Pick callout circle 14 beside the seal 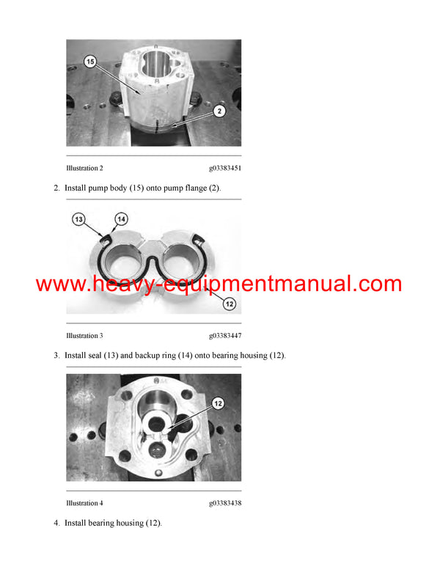pyautogui.click(x=120, y=218)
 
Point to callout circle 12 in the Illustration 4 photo pyautogui.click(x=217, y=403)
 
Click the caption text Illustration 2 pyautogui.click(x=84, y=169)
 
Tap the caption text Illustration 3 pyautogui.click(x=84, y=336)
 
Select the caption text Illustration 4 pyautogui.click(x=84, y=503)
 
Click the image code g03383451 pyautogui.click(x=225, y=169)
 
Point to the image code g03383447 pyautogui.click(x=225, y=336)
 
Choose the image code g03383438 pyautogui.click(x=225, y=503)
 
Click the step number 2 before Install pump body pyautogui.click(x=56, y=188)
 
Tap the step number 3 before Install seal pyautogui.click(x=56, y=356)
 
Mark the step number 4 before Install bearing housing pyautogui.click(x=56, y=523)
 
